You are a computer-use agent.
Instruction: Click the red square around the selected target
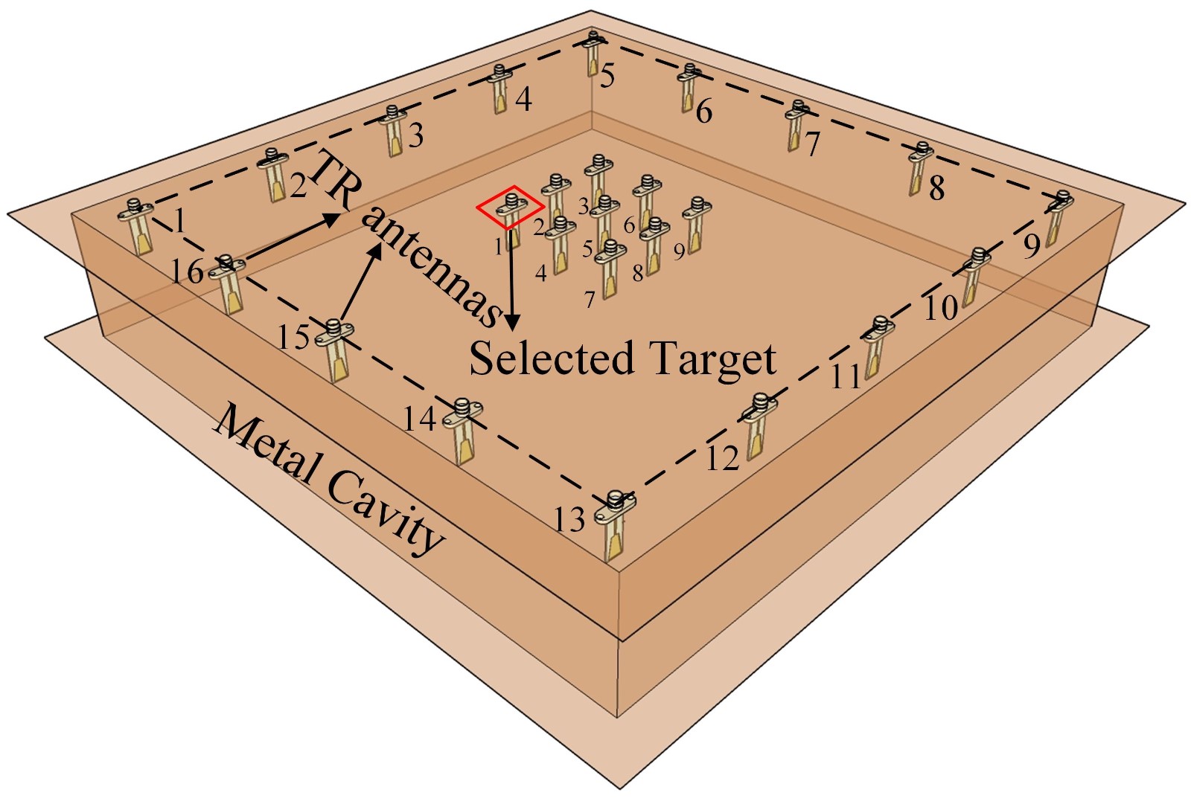coord(510,206)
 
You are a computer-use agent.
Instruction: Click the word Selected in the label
coord(551,358)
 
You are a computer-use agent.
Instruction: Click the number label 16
coord(186,271)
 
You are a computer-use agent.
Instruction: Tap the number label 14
coord(419,420)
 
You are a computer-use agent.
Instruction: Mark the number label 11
coord(846,377)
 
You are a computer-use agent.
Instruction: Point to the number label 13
coord(569,519)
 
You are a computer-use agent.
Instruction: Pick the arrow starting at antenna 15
coord(362,282)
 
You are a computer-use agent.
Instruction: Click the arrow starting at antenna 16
coord(287,237)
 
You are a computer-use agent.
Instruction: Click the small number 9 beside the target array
coord(679,252)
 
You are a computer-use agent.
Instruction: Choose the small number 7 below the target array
coord(590,300)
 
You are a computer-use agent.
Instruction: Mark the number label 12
coord(721,458)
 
